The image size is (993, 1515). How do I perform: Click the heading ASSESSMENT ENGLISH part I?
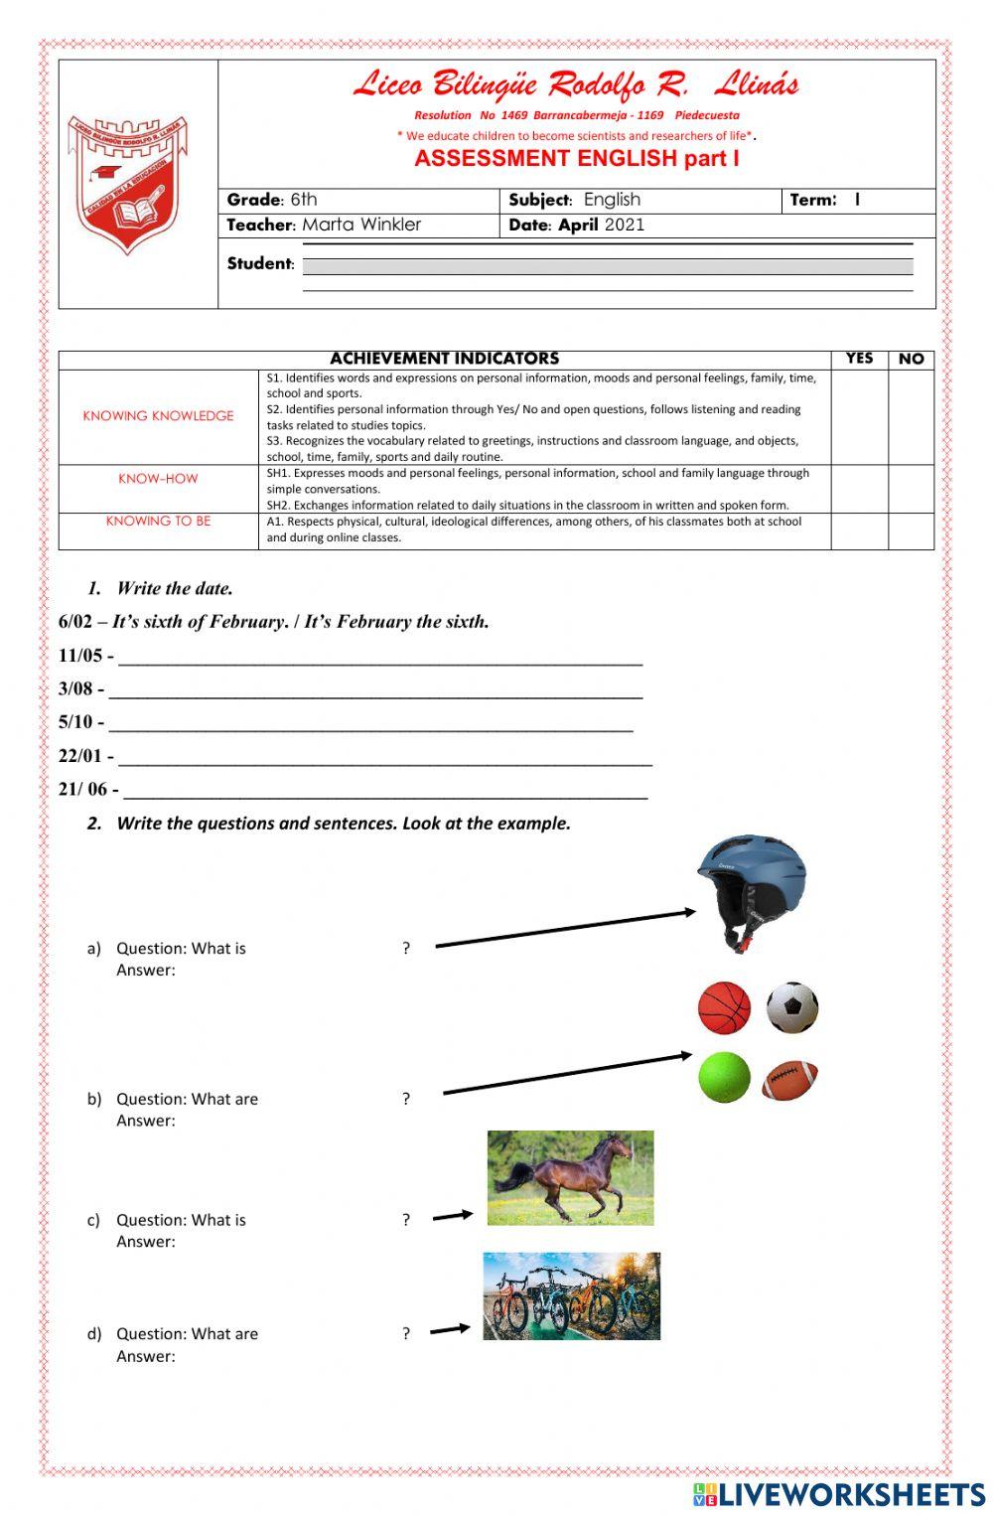pos(576,159)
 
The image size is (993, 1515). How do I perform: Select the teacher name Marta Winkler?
pos(361,225)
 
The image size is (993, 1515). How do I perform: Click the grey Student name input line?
pos(607,266)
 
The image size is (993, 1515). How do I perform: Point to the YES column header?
pos(859,359)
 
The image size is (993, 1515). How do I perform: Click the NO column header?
pos(911,359)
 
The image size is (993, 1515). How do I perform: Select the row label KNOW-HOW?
pos(158,479)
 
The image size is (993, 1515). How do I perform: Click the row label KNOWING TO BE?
pos(158,522)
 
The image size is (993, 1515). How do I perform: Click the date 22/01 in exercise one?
pos(79,756)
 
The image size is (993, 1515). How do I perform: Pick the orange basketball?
pos(724,1007)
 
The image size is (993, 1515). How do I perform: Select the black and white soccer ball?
pos(792,1007)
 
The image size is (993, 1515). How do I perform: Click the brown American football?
pos(790,1080)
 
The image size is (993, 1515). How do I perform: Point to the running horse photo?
pos(570,1177)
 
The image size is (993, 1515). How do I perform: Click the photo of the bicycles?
pos(571,1296)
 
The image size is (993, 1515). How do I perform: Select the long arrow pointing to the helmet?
pos(566,928)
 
